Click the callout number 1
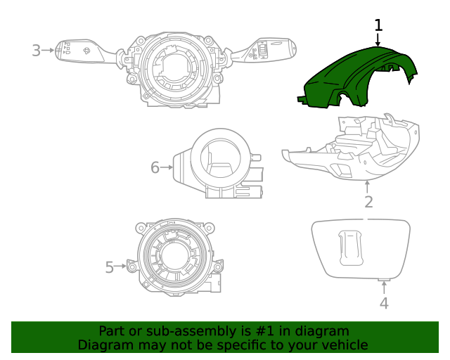coord(378,26)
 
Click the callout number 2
coord(368,202)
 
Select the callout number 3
coord(37,50)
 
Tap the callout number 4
coord(384,303)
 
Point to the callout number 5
coord(110,267)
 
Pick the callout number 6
coord(155,167)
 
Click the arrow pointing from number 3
coord(49,50)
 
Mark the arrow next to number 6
coord(167,167)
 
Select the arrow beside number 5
coord(121,266)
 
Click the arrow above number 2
coord(368,186)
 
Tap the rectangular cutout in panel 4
coord(349,247)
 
